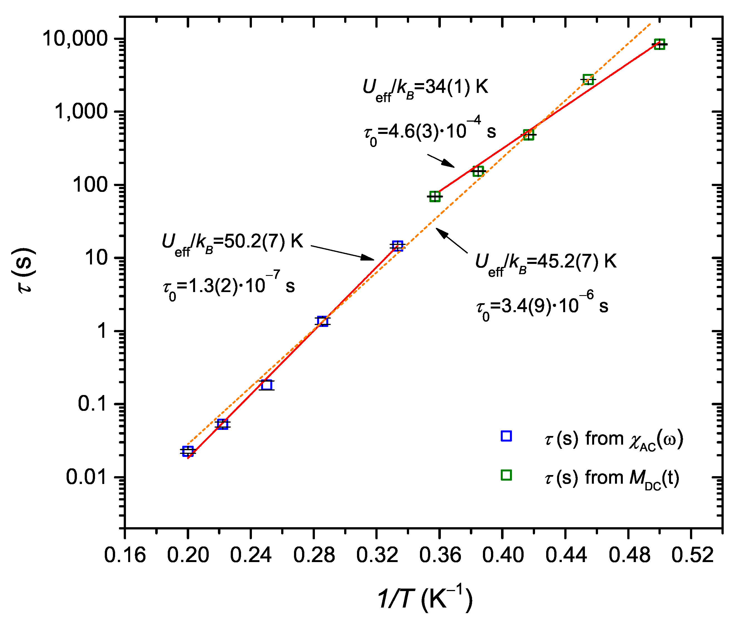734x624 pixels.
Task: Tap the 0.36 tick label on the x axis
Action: [440, 556]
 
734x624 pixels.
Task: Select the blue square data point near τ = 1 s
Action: [322, 321]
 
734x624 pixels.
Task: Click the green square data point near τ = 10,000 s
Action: [659, 44]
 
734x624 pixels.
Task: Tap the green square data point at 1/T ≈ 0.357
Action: [435, 196]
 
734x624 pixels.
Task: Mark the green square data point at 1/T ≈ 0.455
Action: [588, 79]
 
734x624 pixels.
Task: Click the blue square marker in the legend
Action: [506, 436]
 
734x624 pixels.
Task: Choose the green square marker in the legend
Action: [506, 475]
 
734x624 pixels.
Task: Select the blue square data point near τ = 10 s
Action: [398, 245]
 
